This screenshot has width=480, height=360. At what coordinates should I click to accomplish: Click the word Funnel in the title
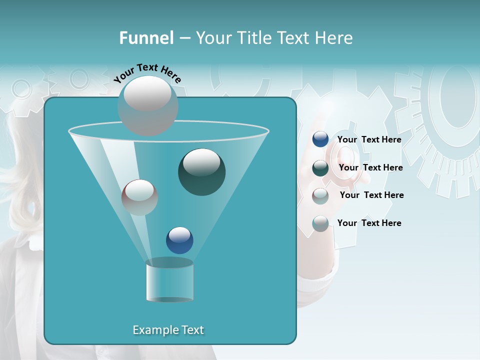(x=146, y=38)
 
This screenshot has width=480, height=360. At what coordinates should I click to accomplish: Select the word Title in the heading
(x=253, y=38)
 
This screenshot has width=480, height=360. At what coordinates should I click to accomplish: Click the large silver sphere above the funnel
(x=148, y=105)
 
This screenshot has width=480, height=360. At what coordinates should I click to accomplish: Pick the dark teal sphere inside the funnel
(x=201, y=172)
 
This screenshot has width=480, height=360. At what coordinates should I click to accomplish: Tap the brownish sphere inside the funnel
(x=139, y=197)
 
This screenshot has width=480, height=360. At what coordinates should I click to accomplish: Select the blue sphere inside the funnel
(x=179, y=240)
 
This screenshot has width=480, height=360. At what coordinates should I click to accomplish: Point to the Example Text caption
(x=168, y=330)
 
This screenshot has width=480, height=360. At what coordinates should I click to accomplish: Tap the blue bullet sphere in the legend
(x=320, y=139)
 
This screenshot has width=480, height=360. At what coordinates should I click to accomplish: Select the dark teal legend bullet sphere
(x=320, y=167)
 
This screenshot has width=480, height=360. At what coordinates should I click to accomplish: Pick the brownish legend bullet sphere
(x=320, y=195)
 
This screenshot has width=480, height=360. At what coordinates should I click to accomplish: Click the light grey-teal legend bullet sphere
(x=320, y=223)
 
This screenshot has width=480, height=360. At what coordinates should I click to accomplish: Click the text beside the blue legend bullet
(x=369, y=139)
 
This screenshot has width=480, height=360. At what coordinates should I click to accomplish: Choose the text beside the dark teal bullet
(x=370, y=167)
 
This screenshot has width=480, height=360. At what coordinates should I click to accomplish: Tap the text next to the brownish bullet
(x=371, y=195)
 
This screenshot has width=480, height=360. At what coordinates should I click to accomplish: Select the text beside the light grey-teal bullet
(x=369, y=223)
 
